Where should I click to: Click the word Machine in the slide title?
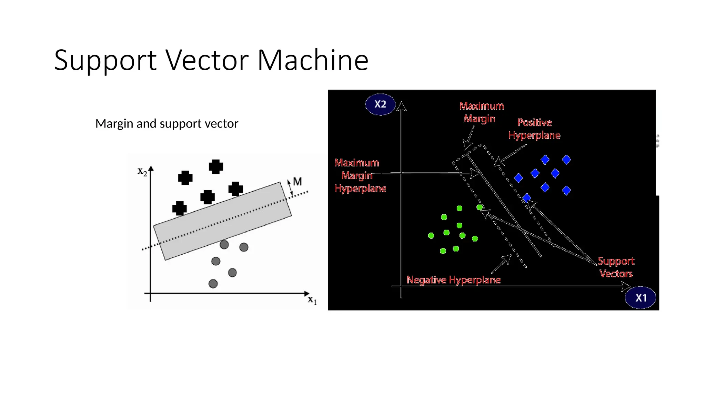[x=313, y=60]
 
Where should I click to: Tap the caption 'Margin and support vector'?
[x=167, y=123]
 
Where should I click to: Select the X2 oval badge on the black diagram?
[x=380, y=104]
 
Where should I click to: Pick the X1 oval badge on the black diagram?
[x=641, y=298]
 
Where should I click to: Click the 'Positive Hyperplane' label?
[x=534, y=129]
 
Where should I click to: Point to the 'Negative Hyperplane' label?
[x=453, y=280]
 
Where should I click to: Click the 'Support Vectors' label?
[x=616, y=267]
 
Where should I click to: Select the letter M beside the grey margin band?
[x=297, y=182]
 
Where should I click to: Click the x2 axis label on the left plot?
[x=142, y=171]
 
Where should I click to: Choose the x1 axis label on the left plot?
[x=312, y=299]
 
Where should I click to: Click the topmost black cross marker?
[x=216, y=167]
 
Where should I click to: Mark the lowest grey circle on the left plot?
[x=213, y=284]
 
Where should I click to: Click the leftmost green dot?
[x=431, y=235]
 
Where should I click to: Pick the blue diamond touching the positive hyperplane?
[x=527, y=198]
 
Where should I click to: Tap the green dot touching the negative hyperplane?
[x=480, y=207]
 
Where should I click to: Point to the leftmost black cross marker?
[x=179, y=208]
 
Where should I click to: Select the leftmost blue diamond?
[x=518, y=178]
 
